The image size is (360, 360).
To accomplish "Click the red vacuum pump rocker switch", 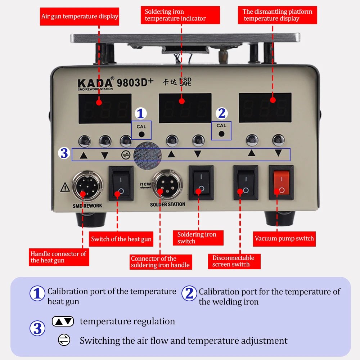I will point(281,182).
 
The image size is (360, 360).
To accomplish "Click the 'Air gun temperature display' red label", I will point(80,16).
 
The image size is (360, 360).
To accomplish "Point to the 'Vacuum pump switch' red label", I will point(284,238).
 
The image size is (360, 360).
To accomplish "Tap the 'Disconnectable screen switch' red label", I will point(233,261).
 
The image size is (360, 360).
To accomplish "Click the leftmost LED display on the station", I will point(105,108).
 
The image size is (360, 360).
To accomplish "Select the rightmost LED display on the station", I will point(265,108).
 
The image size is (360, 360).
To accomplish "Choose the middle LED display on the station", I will point(185,108).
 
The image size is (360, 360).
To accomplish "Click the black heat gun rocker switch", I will point(121,183).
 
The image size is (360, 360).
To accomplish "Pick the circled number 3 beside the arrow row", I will point(64,153).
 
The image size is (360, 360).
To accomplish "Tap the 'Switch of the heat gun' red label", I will point(121,239).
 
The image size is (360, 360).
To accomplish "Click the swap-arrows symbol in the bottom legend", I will point(64,340).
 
